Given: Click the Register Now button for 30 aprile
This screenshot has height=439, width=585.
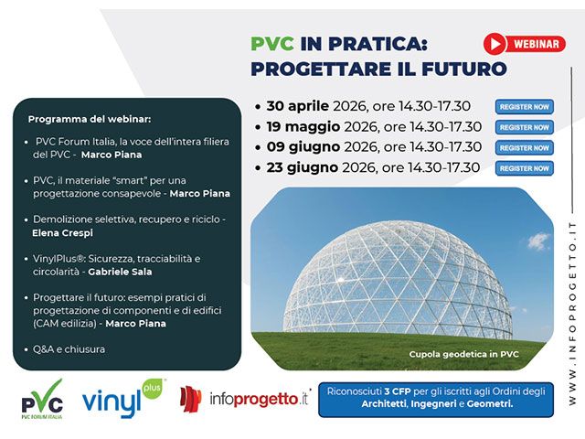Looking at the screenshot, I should pyautogui.click(x=525, y=107).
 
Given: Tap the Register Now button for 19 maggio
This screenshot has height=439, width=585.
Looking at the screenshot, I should pyautogui.click(x=525, y=127).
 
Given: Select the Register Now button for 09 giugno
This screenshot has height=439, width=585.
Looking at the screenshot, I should pyautogui.click(x=525, y=147).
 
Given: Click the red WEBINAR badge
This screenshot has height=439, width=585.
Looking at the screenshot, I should pyautogui.click(x=524, y=43).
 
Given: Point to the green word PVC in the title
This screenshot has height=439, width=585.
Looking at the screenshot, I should pyautogui.click(x=271, y=44).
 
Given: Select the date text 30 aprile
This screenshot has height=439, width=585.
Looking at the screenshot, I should pyautogui.click(x=299, y=106).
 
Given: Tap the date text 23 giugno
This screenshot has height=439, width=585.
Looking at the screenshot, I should pyautogui.click(x=302, y=167).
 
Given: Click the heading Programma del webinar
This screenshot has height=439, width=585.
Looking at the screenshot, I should pyautogui.click(x=89, y=120).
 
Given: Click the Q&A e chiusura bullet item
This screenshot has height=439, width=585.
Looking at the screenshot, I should pyautogui.click(x=69, y=348).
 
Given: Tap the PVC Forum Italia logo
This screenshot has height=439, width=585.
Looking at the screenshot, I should pyautogui.click(x=42, y=401).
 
